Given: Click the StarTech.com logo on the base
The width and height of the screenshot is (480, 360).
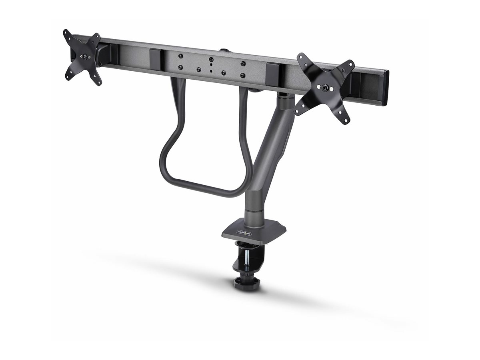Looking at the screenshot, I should (x=244, y=233).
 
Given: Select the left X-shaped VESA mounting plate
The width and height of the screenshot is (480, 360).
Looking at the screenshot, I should (x=83, y=57).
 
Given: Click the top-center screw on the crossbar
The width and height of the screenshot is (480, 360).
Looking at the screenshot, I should (x=211, y=58).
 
